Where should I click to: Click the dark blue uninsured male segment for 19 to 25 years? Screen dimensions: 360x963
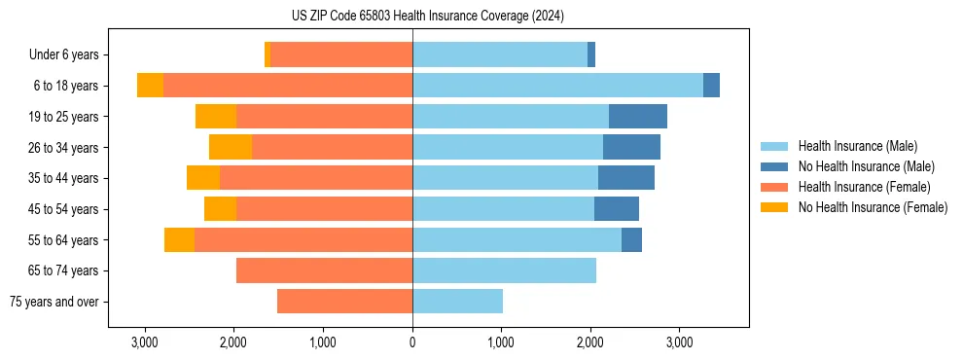638,117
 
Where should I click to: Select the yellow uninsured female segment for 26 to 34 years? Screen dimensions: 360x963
231,147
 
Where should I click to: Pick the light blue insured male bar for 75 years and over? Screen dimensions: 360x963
457,302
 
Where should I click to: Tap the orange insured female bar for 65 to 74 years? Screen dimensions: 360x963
324,270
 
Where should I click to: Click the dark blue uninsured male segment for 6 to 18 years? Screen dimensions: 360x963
711,86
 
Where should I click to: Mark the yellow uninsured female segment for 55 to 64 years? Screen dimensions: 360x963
179,239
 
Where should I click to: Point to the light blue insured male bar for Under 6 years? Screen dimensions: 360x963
500,55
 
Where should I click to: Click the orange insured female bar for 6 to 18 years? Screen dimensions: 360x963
288,86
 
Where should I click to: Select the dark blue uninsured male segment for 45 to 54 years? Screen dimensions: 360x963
617,208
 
